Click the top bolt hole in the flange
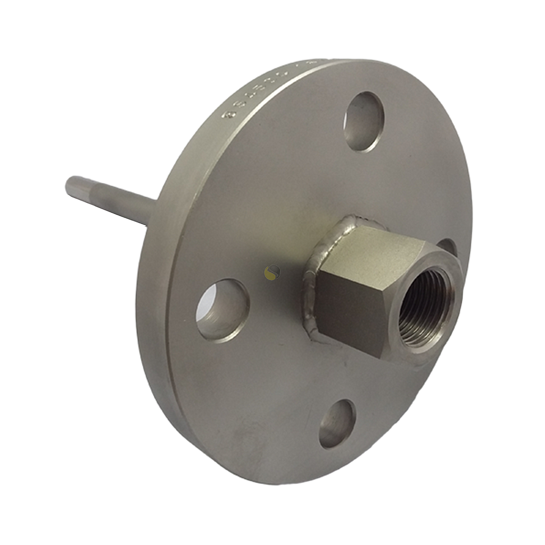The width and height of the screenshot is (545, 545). tap(364, 122)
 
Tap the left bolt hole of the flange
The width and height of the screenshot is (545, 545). tap(222, 310)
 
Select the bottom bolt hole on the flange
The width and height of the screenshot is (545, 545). tap(337, 423)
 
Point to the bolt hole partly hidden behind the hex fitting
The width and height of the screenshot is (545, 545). tap(447, 246)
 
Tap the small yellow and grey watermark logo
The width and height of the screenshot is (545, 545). tap(272, 272)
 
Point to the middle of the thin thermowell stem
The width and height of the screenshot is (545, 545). tap(112, 197)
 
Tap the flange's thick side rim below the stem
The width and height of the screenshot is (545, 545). tap(152, 319)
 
